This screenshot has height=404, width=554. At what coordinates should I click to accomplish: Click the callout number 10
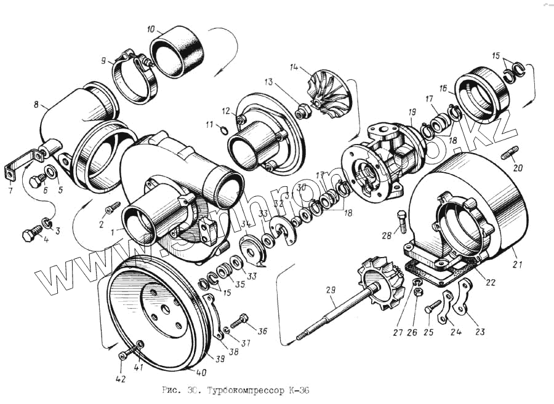coord(151,29)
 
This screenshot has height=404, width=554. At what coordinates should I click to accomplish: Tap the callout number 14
coord(294,66)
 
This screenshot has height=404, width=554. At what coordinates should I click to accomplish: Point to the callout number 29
coord(331,290)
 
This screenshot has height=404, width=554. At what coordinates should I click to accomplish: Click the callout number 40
coord(201,373)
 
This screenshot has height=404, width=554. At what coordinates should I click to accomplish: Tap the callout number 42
coord(120,379)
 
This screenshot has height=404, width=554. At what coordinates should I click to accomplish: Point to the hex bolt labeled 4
coord(31,235)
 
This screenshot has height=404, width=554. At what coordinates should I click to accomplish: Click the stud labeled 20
coord(510,151)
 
